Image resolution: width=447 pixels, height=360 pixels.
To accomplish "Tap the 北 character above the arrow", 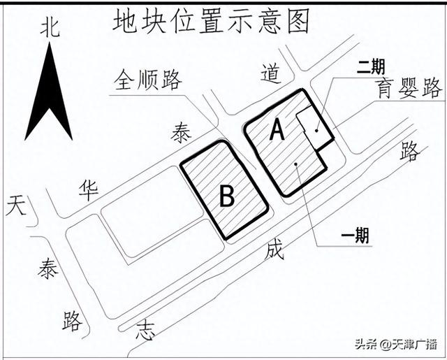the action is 50,28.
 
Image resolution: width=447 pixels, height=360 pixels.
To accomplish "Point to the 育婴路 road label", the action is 408,88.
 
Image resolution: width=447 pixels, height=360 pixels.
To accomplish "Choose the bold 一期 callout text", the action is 355,236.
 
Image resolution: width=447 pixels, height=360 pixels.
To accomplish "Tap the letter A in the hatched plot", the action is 277,129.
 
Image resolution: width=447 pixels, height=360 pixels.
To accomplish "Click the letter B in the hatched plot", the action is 226,196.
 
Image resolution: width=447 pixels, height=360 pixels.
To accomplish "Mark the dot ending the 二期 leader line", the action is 317,129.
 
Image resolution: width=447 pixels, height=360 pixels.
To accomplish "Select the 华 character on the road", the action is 89,189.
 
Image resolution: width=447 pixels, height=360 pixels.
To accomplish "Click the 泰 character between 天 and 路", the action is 48,268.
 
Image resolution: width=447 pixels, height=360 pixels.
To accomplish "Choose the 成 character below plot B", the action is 274,250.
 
